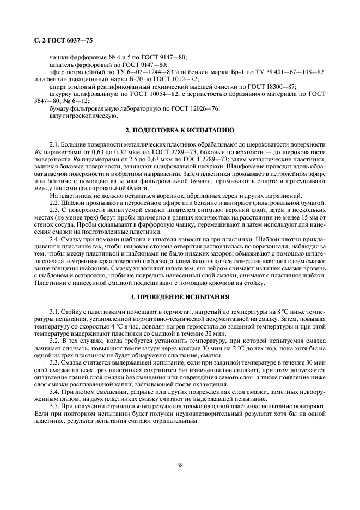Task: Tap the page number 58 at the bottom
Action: pyautogui.click(x=179, y=464)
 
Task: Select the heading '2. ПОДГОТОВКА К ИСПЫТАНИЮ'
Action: pyautogui.click(x=180, y=130)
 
